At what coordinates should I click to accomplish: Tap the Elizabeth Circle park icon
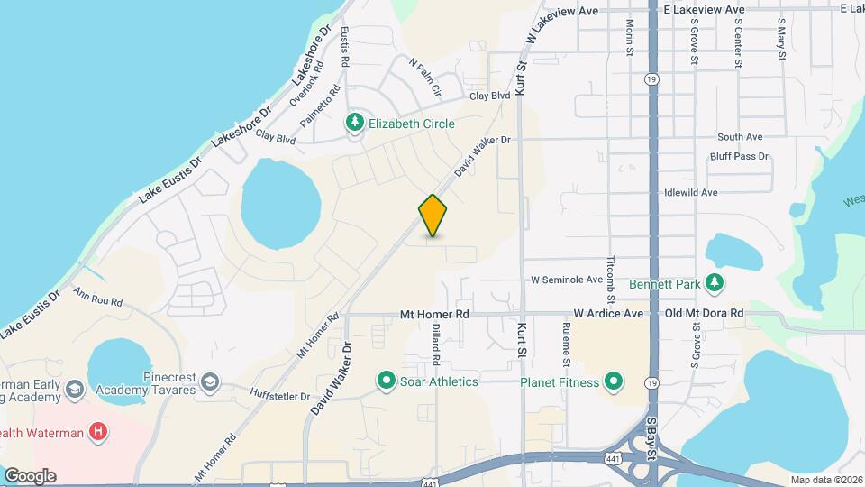point(355,124)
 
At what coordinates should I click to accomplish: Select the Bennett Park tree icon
point(715,284)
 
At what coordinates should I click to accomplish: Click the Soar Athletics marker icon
point(387,381)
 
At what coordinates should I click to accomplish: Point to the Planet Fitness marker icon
point(614,381)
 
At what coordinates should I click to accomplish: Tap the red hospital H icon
point(98,433)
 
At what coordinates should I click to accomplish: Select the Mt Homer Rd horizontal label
point(435,314)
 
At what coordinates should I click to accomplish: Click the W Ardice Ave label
point(609,314)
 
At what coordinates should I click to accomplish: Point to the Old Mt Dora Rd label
point(704,314)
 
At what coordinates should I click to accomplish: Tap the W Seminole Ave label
point(566,280)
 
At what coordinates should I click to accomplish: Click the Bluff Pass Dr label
point(739,156)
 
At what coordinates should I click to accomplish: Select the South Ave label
point(740,137)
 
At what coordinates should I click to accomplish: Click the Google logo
point(30,475)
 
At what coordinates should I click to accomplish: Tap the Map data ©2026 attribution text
point(826,480)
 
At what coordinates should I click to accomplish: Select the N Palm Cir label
point(425,78)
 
